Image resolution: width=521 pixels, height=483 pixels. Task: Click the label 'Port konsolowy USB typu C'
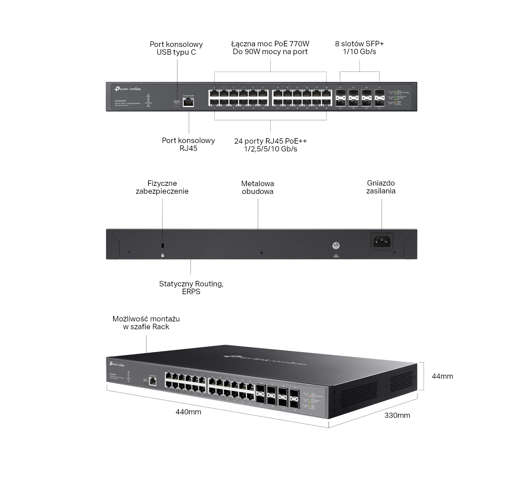tap(176, 48)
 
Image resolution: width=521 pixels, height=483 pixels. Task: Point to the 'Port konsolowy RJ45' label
tap(188, 144)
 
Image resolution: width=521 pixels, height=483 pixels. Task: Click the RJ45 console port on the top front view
tap(188, 102)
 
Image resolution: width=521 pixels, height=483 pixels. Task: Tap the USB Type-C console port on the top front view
tap(177, 105)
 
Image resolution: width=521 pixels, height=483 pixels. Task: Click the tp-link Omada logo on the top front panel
tap(128, 89)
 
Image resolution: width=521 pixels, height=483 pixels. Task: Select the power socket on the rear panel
tap(382, 241)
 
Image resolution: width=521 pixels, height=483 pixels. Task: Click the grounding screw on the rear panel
tap(336, 246)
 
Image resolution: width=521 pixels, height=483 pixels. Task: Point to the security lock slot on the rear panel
tap(162, 246)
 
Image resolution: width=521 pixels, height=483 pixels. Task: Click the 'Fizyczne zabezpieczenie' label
tap(162, 187)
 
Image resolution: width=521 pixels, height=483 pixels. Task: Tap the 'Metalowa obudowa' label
tap(257, 187)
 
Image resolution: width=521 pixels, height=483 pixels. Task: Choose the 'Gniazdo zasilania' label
tap(381, 187)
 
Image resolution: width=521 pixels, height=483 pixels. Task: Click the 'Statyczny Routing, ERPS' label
tap(191, 287)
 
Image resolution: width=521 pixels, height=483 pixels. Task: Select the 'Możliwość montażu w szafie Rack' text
tap(146, 323)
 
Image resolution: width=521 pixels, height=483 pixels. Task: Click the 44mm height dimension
tap(442, 376)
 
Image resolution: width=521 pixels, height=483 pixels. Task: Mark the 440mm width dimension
tap(188, 412)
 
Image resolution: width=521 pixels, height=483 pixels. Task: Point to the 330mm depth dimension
tap(397, 415)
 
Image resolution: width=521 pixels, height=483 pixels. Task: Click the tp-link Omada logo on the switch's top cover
tap(265, 360)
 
